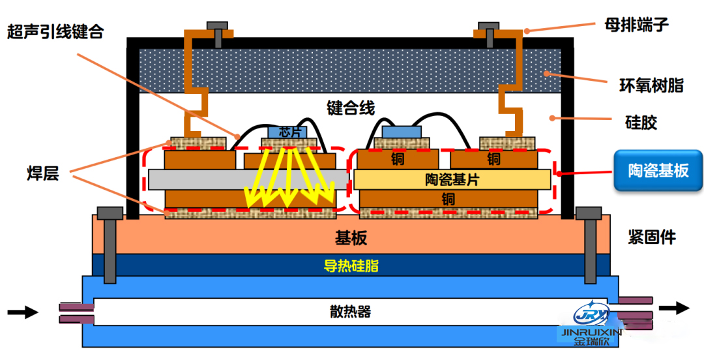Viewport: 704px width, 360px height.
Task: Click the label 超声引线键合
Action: click(55, 31)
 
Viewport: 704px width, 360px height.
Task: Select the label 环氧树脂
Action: click(651, 85)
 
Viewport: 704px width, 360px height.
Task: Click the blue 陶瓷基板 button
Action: click(658, 170)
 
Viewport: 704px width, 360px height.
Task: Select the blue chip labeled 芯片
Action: click(287, 131)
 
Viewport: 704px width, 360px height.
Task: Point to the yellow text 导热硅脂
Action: click(351, 266)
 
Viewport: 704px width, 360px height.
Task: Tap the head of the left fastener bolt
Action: click(109, 213)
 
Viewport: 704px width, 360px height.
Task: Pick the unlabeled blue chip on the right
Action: click(401, 132)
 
